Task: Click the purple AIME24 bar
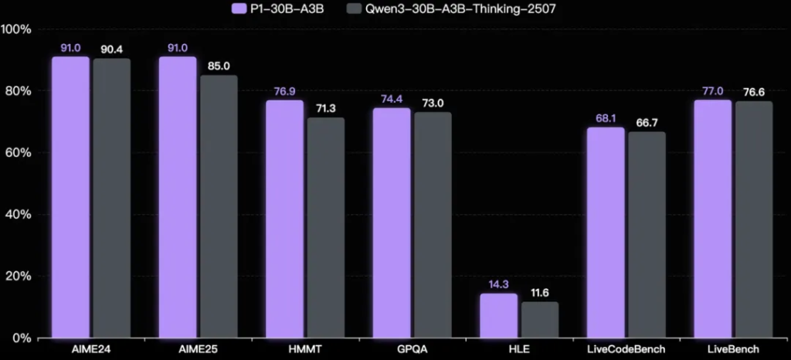[x=70, y=197]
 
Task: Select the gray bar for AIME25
[x=219, y=206]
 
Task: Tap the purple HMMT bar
[x=284, y=219]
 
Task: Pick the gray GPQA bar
[x=433, y=225]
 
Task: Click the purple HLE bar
[x=498, y=315]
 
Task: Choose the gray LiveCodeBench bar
[x=647, y=234]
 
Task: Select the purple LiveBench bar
[x=712, y=219]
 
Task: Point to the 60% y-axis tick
[x=16, y=153]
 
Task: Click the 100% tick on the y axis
[x=16, y=29]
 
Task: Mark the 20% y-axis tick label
[x=16, y=277]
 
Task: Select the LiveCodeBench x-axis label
[x=626, y=350]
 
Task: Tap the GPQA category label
[x=412, y=350]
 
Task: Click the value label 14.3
[x=498, y=284]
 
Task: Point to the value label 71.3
[x=326, y=107]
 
